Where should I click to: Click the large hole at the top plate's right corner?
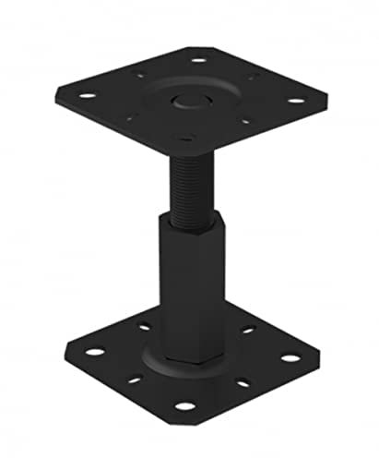(x=294, y=101)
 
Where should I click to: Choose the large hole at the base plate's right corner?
(x=290, y=357)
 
